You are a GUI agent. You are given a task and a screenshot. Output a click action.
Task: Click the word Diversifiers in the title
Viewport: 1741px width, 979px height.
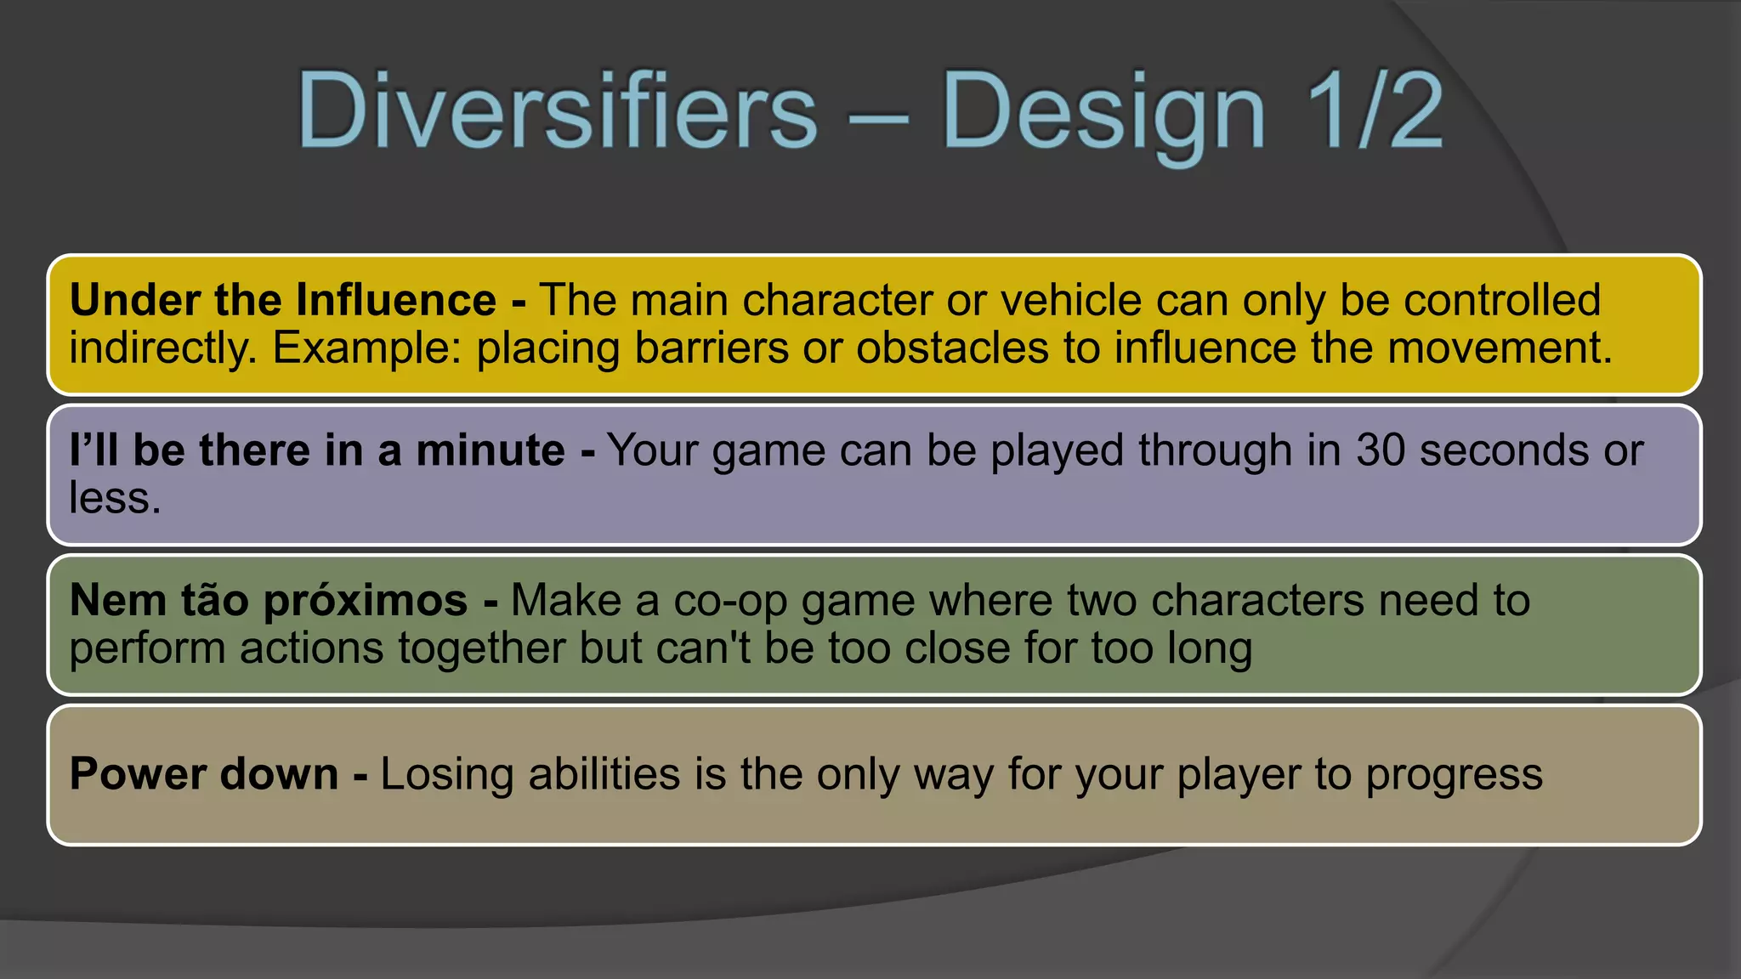(x=557, y=111)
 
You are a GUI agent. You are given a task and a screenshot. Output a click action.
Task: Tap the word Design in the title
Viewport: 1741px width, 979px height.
(x=1103, y=113)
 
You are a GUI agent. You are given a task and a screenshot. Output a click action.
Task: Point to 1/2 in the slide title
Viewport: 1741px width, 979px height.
(x=1374, y=111)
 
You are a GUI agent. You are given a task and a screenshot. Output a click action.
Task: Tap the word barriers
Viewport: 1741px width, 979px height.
(x=712, y=348)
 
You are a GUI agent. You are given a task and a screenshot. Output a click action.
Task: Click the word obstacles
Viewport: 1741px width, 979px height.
(x=952, y=348)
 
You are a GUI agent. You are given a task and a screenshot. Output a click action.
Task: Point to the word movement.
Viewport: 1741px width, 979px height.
(x=1500, y=348)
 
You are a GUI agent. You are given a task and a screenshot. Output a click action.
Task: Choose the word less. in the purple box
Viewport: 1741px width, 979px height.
(x=115, y=498)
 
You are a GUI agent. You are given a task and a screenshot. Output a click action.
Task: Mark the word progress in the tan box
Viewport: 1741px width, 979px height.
(x=1454, y=775)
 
